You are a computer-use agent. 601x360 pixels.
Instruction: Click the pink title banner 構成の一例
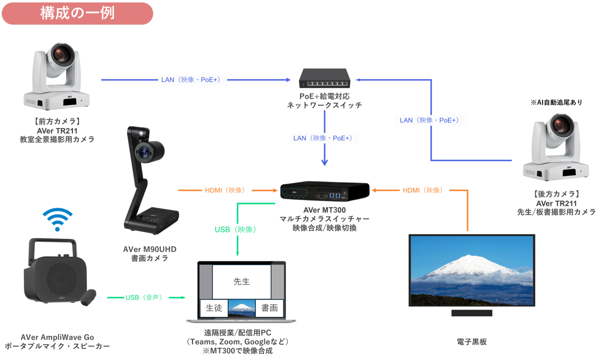tap(77, 13)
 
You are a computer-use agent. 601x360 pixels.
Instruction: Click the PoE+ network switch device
tap(325, 78)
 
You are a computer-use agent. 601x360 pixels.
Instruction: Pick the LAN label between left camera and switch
tap(192, 80)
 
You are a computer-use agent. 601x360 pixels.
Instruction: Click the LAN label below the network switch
tap(324, 138)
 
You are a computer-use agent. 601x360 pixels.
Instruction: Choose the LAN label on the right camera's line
tap(431, 120)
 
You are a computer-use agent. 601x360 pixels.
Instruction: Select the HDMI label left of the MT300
tap(226, 190)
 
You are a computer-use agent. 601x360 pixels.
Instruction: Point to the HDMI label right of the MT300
tap(424, 190)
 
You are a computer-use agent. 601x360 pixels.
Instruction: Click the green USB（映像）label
tap(237, 230)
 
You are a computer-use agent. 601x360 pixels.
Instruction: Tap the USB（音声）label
tap(146, 297)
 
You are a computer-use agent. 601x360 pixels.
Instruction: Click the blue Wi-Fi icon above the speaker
tap(58, 219)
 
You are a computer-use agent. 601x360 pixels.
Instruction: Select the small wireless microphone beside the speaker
tap(89, 297)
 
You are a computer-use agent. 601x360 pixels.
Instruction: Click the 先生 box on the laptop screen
tap(241, 281)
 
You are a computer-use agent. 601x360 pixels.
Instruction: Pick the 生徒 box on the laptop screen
tap(214, 308)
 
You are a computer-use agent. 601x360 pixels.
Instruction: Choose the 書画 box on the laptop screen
tap(269, 308)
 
